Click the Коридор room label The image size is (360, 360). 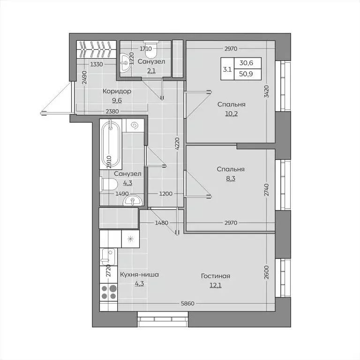117,91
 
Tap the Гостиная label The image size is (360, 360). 215,276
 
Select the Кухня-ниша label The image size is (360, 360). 139,274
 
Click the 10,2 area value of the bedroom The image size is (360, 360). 231,113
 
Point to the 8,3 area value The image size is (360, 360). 231,179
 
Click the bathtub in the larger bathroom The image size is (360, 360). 111,144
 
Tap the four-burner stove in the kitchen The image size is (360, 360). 109,292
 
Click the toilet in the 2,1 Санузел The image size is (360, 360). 151,49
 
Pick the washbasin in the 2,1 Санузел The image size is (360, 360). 125,63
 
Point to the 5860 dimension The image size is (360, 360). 187,304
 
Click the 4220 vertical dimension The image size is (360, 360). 177,144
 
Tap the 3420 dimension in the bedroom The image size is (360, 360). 266,91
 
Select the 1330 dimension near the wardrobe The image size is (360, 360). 97,65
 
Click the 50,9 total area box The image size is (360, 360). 247,74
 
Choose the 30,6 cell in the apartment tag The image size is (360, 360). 247,63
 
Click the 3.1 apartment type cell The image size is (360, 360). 227,69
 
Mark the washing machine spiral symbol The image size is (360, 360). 135,125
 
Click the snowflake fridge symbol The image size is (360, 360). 130,239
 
